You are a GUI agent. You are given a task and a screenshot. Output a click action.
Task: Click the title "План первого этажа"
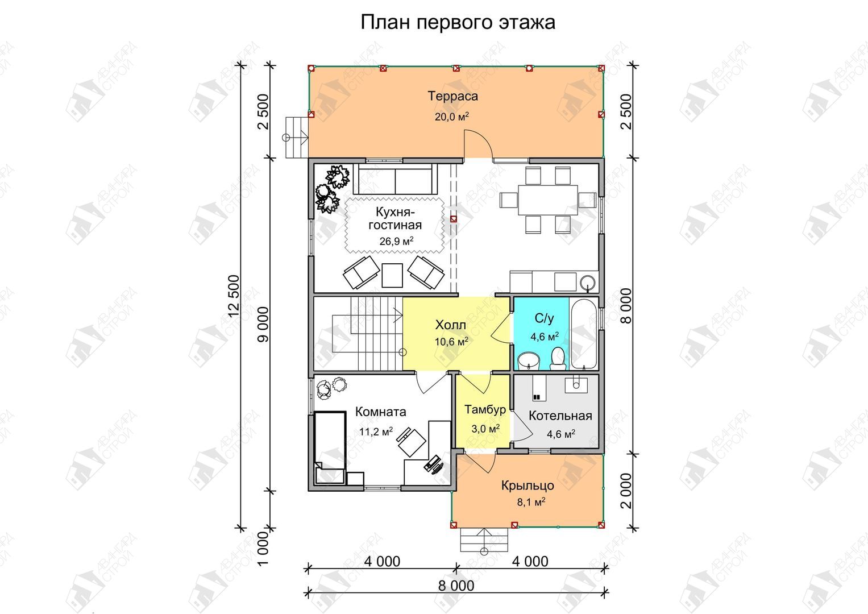click(x=458, y=23)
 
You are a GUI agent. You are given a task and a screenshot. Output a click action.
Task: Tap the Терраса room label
click(x=452, y=96)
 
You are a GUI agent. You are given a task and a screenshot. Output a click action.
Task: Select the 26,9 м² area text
click(x=396, y=241)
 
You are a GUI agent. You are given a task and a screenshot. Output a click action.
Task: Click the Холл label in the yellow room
click(x=450, y=325)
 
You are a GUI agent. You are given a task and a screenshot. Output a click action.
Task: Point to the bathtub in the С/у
click(x=584, y=333)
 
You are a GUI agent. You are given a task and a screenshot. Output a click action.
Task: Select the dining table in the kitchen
click(x=548, y=200)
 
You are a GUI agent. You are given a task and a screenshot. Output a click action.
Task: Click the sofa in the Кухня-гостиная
click(x=395, y=179)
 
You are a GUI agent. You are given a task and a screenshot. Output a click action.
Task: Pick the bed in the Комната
click(x=330, y=448)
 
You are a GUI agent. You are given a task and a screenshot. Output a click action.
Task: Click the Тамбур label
click(x=485, y=409)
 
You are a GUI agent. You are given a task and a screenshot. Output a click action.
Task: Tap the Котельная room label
click(x=560, y=416)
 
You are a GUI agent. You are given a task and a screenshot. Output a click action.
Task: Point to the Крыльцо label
click(x=528, y=486)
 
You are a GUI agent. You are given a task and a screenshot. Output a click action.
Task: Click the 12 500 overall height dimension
click(x=234, y=296)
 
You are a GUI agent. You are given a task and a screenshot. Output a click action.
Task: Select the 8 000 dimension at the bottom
click(x=456, y=586)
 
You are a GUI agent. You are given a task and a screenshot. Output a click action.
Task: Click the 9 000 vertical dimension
click(x=264, y=324)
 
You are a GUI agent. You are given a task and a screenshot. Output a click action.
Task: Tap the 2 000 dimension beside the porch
click(x=626, y=491)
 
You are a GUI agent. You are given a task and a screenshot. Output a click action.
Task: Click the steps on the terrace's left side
click(x=297, y=137)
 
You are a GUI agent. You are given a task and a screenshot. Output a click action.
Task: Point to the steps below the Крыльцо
click(x=484, y=540)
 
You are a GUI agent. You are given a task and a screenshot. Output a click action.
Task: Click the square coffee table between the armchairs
click(x=392, y=275)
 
